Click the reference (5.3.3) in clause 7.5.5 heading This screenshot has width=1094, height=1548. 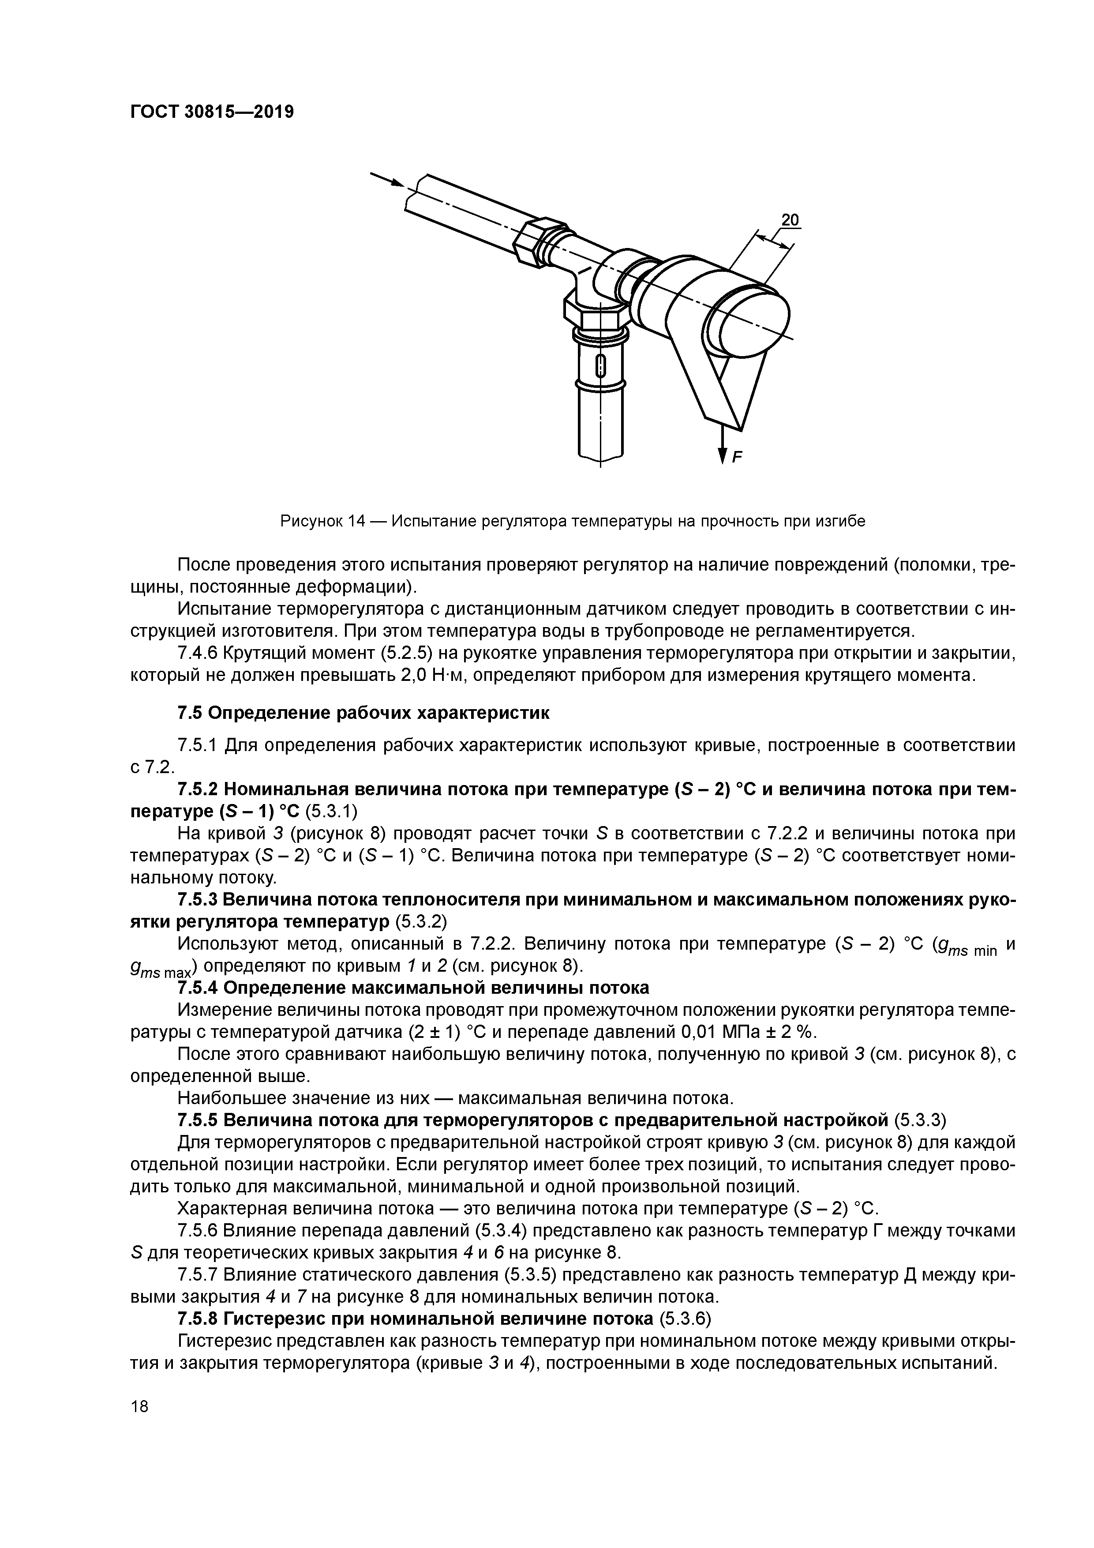[920, 1120]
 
